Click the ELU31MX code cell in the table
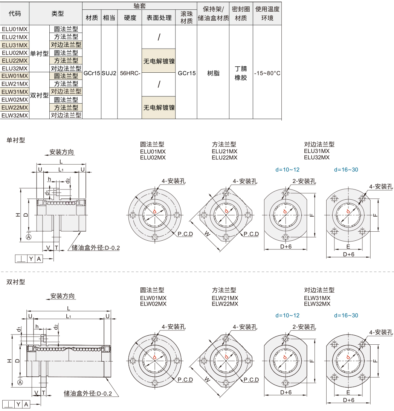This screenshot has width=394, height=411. point(15,44)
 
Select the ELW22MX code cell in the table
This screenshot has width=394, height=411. point(15,107)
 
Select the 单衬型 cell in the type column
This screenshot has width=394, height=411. point(39,53)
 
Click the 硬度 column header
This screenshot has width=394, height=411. point(130,18)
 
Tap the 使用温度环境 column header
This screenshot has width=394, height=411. point(267,14)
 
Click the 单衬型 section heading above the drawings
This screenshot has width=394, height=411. point(16,140)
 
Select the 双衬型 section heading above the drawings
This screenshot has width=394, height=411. point(16,281)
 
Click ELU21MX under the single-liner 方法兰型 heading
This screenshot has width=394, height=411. point(224,151)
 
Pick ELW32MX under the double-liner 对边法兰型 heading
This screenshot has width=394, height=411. point(317,304)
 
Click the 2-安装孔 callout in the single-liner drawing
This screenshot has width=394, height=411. point(304,181)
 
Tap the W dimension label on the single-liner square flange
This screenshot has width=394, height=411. point(207,234)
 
